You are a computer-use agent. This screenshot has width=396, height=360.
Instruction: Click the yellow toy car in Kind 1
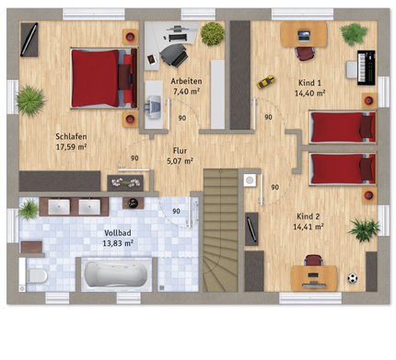pos(265,82)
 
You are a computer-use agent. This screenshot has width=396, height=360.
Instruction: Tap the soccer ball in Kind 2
pos(353,278)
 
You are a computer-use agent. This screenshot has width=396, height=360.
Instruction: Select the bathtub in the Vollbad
pos(116,274)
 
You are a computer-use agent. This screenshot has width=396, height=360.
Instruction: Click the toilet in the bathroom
pos(35,275)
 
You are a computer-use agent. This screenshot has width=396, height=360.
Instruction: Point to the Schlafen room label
pos(71,136)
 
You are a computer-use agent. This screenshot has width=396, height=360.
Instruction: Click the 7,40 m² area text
pos(186,91)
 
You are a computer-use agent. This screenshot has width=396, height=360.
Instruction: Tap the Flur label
pos(180,151)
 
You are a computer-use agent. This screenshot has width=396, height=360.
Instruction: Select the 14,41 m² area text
pos(309,226)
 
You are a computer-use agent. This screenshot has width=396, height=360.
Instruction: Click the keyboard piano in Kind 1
pos(367,67)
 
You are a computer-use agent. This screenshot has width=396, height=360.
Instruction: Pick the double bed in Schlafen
pos(104,78)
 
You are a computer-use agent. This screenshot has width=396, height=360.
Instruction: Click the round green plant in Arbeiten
pos(213,34)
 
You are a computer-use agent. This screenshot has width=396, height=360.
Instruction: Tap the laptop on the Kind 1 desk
pos(304,36)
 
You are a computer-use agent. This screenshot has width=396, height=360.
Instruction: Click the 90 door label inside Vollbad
pos(176,211)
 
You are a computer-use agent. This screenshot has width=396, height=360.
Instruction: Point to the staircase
pos(220,230)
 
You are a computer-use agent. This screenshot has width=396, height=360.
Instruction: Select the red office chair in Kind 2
pos(314,261)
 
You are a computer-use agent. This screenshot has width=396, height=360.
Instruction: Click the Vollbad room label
pos(118,233)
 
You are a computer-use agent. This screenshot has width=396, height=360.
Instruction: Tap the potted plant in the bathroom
pos(29,209)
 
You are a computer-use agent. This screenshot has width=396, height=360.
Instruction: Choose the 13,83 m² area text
pos(118,243)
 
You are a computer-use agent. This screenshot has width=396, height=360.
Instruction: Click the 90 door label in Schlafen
pos(134,158)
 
